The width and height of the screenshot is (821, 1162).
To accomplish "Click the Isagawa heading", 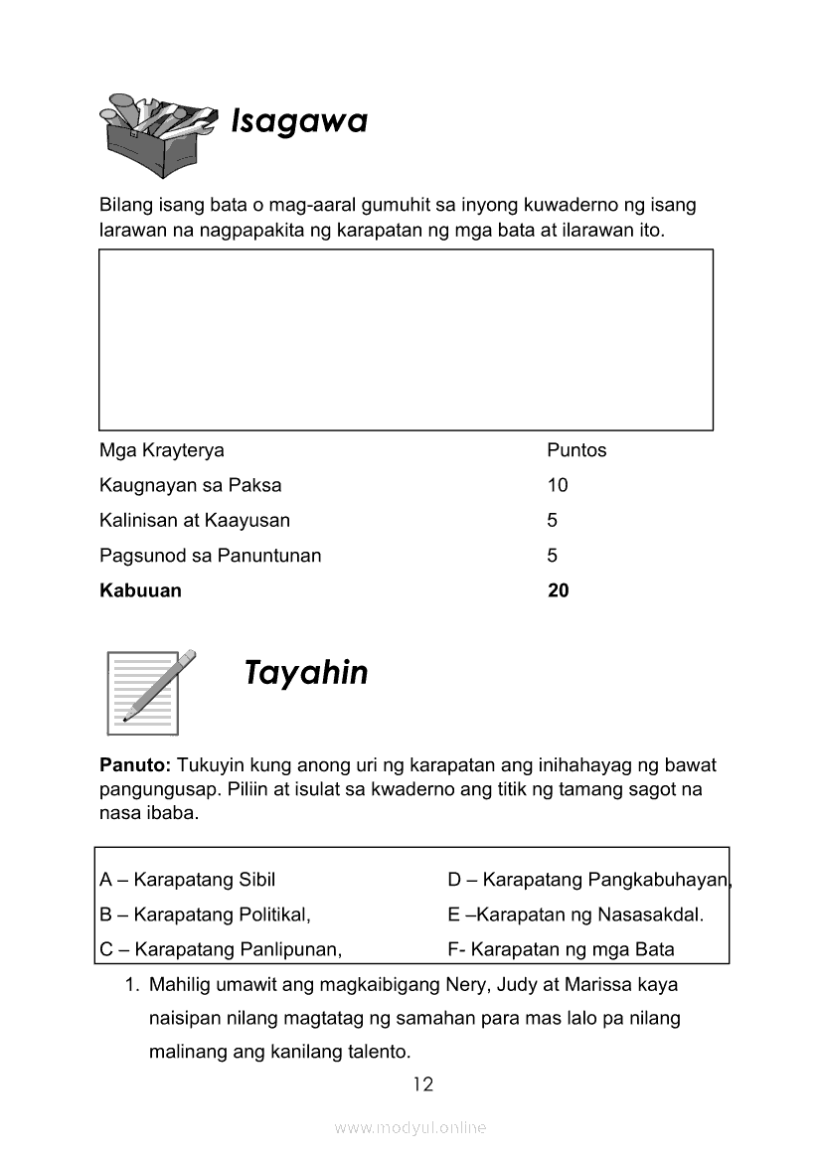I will pos(299,121).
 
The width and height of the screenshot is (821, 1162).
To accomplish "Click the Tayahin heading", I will pos(306,673).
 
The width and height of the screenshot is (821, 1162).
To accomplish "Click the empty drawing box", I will pos(406,339).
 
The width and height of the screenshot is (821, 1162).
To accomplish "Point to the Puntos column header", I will pos(576,450).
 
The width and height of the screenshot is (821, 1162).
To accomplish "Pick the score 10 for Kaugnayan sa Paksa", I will pos(558,485).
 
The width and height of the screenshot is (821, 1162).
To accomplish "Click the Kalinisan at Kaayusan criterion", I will pos(195,520).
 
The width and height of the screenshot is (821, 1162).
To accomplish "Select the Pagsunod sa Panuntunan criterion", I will pos(211,556).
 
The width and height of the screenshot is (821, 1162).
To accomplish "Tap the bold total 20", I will pos(559,590).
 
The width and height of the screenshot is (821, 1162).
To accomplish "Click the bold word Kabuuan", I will pos(140,590).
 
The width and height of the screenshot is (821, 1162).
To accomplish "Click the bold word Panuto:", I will pos(136,765).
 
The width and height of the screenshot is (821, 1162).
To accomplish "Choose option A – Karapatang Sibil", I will pos(188,880).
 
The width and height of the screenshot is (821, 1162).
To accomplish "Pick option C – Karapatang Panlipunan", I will pos(221,949).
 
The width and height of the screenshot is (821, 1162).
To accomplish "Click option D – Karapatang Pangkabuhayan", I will pos(588,880).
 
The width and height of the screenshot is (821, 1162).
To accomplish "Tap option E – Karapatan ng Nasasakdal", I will pos(575,914).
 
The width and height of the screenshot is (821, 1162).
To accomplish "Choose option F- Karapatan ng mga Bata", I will pos(561,949).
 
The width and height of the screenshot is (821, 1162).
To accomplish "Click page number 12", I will pos(423,1083).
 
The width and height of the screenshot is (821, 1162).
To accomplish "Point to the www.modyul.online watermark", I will pos(410,1128).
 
